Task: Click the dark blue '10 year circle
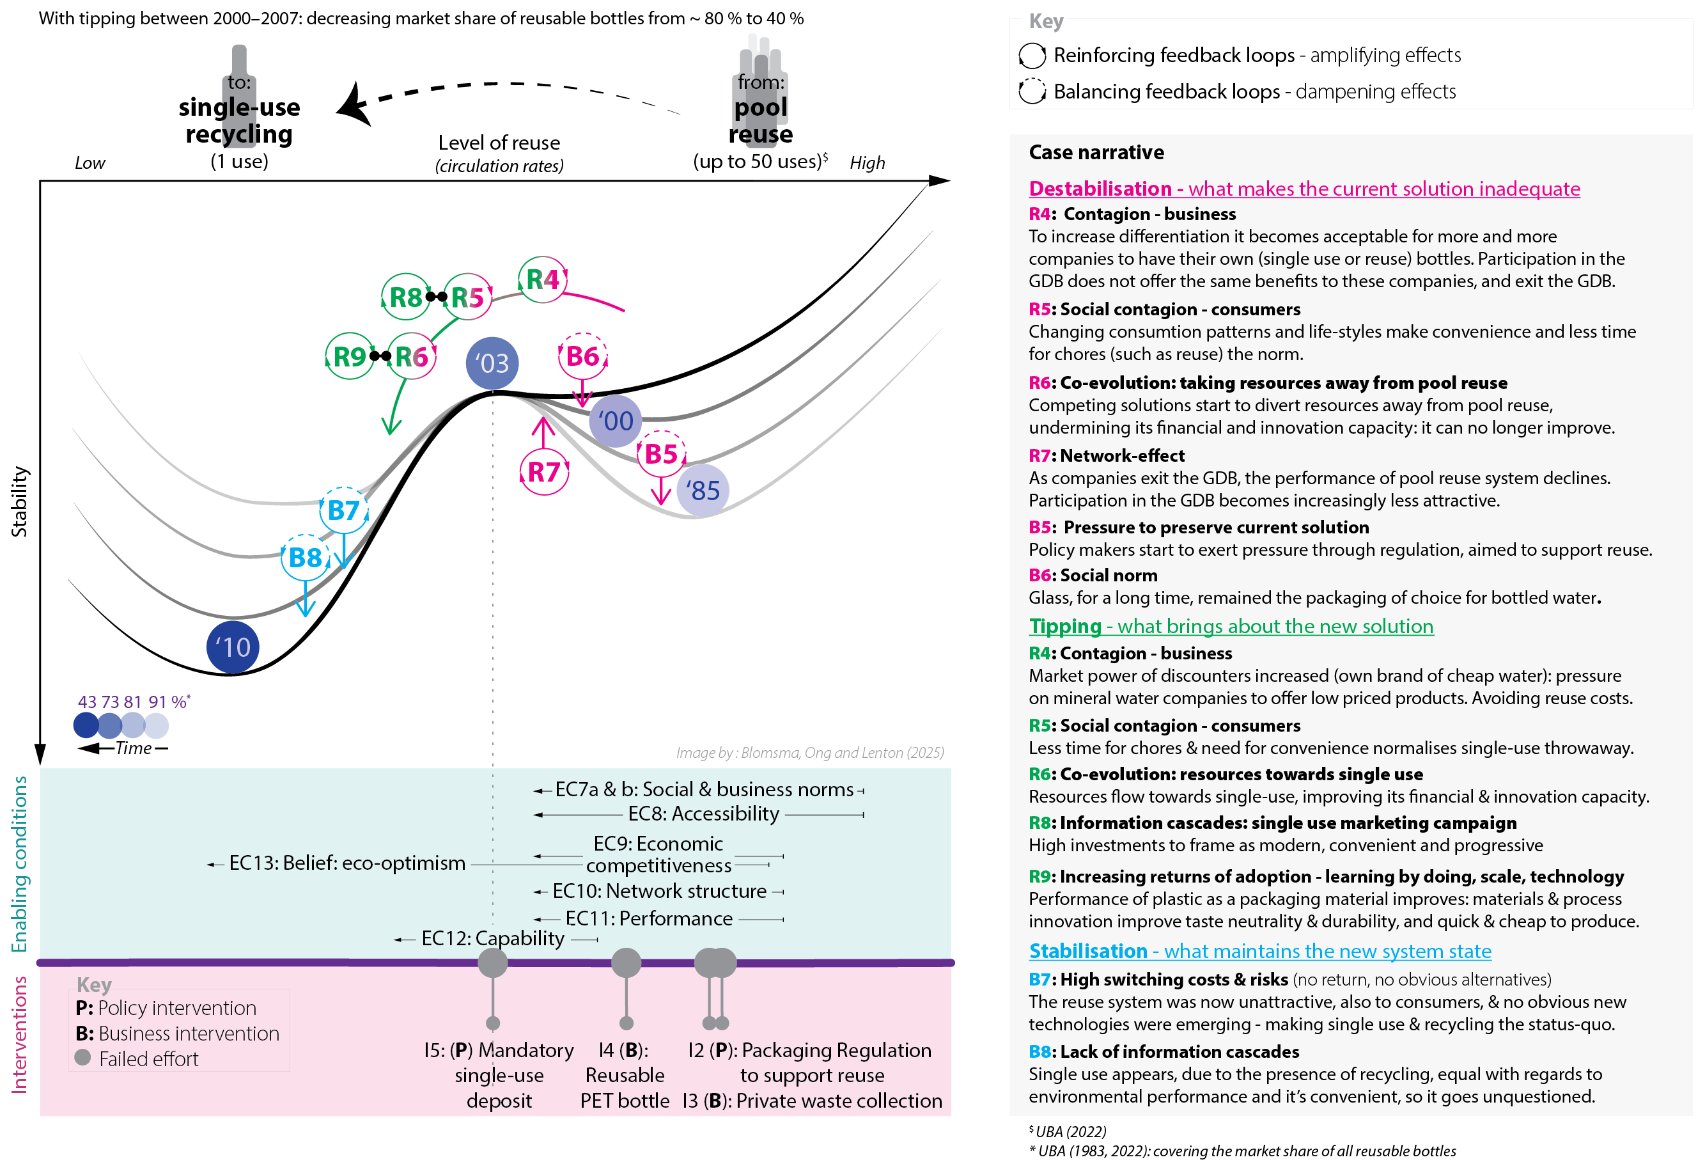(233, 647)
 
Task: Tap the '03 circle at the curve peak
(492, 363)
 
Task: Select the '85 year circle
(703, 490)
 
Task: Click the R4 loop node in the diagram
(543, 279)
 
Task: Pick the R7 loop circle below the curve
(543, 472)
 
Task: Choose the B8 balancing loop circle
(305, 558)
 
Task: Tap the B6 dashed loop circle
(582, 357)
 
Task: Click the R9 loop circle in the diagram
(349, 357)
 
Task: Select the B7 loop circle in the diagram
(343, 510)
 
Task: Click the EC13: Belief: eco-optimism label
(347, 863)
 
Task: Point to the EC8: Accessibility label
(703, 813)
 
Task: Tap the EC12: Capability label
(493, 938)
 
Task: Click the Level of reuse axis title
(499, 143)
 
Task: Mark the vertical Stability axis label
(19, 502)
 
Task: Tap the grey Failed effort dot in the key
(83, 1057)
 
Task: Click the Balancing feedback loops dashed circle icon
(1032, 91)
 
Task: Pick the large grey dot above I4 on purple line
(626, 963)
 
